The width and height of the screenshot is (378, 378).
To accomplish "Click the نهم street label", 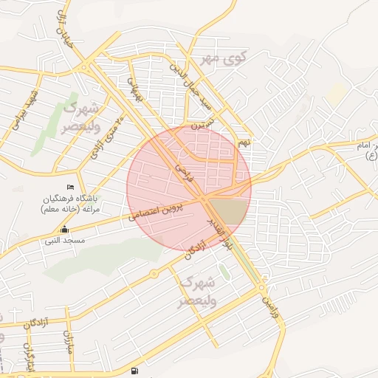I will click(244, 140).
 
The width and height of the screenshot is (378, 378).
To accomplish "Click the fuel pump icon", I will click(134, 371).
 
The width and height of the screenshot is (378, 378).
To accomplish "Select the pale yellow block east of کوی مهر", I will click(337, 92).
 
